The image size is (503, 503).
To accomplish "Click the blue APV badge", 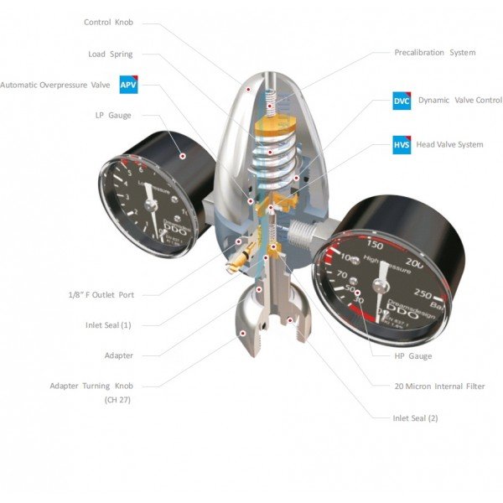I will click(x=127, y=85).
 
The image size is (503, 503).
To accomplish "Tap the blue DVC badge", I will click(x=402, y=100).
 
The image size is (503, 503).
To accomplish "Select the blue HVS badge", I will click(x=402, y=144).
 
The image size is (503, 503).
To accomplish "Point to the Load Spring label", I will click(x=111, y=54).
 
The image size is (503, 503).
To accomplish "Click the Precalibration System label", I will click(x=434, y=52).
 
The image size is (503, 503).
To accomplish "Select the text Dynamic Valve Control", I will click(x=460, y=100).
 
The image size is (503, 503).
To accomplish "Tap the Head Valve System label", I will click(x=449, y=144).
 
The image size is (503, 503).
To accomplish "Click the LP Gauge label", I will click(x=113, y=115).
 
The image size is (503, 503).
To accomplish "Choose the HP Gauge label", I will click(x=413, y=356).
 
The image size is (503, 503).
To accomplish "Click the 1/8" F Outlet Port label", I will click(x=101, y=294).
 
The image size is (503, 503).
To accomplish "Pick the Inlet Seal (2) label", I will click(x=415, y=417).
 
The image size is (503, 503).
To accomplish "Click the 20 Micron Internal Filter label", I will click(x=440, y=386).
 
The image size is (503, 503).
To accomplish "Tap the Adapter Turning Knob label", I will click(x=91, y=386).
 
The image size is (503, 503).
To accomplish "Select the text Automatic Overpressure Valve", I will click(x=55, y=85).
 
